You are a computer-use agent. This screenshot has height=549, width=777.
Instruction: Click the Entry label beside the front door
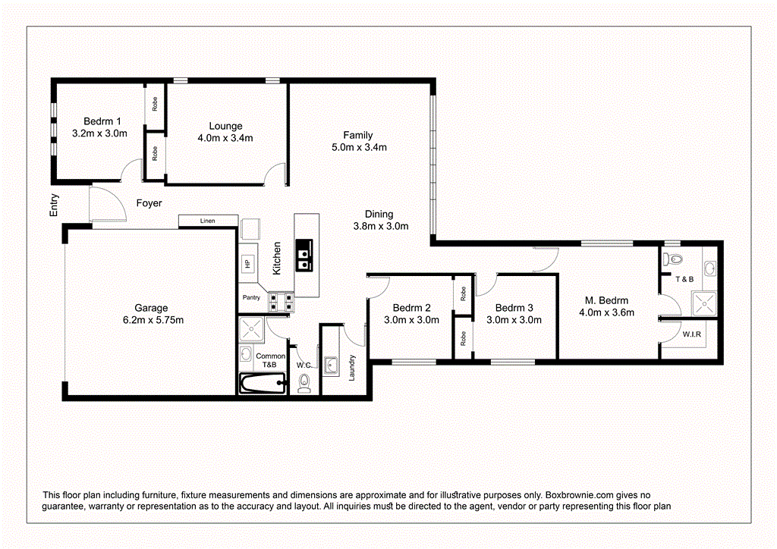point(54,206)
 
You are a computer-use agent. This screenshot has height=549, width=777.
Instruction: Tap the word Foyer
point(149,203)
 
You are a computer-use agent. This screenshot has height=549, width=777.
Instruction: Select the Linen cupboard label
point(207,221)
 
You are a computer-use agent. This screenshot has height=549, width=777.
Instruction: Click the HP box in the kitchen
point(247,264)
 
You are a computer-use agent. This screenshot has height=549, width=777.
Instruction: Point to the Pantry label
point(251,297)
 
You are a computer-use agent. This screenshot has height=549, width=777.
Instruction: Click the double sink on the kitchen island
point(304,255)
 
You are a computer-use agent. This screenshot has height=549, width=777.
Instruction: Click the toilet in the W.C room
point(305,385)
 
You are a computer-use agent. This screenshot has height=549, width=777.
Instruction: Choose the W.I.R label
point(690,334)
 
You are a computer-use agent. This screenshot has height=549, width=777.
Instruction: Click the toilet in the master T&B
point(668,259)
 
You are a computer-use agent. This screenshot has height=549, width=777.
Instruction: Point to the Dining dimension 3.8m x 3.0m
point(381,226)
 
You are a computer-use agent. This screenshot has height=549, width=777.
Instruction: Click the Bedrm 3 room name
point(514,308)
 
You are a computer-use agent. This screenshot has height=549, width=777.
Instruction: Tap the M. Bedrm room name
point(606,300)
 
